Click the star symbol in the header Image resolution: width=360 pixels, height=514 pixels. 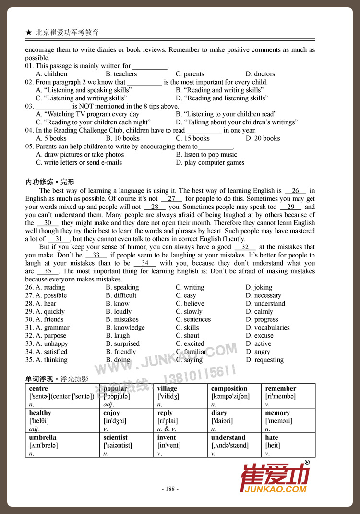(29, 33)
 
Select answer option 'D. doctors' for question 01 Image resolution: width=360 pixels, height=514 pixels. (260, 74)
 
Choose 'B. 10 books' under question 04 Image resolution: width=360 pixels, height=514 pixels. (122, 138)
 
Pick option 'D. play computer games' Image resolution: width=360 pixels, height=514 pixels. (210, 163)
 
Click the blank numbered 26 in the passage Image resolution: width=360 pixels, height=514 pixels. (295, 191)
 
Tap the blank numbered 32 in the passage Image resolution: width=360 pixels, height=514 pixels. (245, 247)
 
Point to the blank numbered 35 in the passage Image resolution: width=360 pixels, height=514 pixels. (48, 271)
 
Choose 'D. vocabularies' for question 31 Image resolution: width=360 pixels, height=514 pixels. (267, 328)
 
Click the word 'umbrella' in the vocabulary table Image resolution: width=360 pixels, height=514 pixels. (43, 437)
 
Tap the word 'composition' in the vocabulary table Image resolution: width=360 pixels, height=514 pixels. (229, 388)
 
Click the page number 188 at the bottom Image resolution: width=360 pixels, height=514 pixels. (170, 489)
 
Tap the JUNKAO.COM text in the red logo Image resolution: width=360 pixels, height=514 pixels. (276, 489)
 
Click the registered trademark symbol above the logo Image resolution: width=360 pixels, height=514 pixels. (307, 462)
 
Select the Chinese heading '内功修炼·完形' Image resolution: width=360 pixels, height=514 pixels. (50, 182)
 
